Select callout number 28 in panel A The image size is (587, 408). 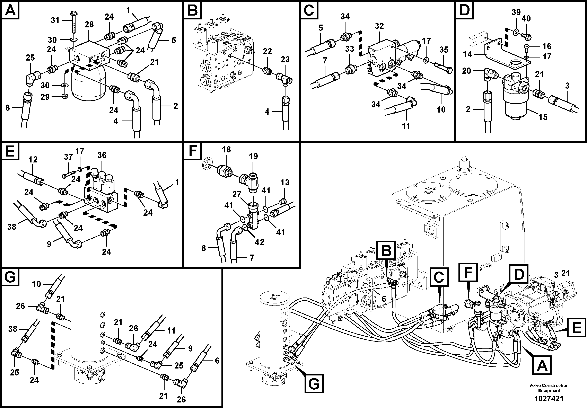(89, 25)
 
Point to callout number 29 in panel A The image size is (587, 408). (45, 97)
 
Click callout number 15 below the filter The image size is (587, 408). (543, 117)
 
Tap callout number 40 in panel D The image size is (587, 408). (526, 18)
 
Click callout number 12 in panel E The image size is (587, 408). (33, 160)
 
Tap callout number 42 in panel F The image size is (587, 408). (259, 242)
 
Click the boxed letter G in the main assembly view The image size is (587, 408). (314, 383)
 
